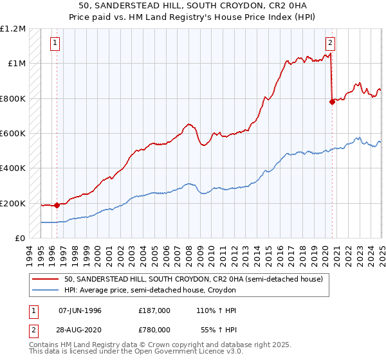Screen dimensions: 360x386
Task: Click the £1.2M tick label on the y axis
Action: (13, 29)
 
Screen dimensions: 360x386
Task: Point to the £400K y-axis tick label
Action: (13, 168)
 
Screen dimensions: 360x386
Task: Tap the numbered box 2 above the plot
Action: (330, 44)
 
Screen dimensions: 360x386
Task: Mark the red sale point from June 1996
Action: (57, 206)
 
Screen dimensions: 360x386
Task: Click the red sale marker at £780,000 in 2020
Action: (333, 102)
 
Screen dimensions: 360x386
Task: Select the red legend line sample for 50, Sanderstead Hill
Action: (46, 278)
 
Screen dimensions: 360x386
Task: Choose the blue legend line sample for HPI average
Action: (46, 290)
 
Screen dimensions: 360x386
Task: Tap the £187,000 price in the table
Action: (154, 310)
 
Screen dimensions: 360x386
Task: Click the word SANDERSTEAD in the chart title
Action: (121, 6)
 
